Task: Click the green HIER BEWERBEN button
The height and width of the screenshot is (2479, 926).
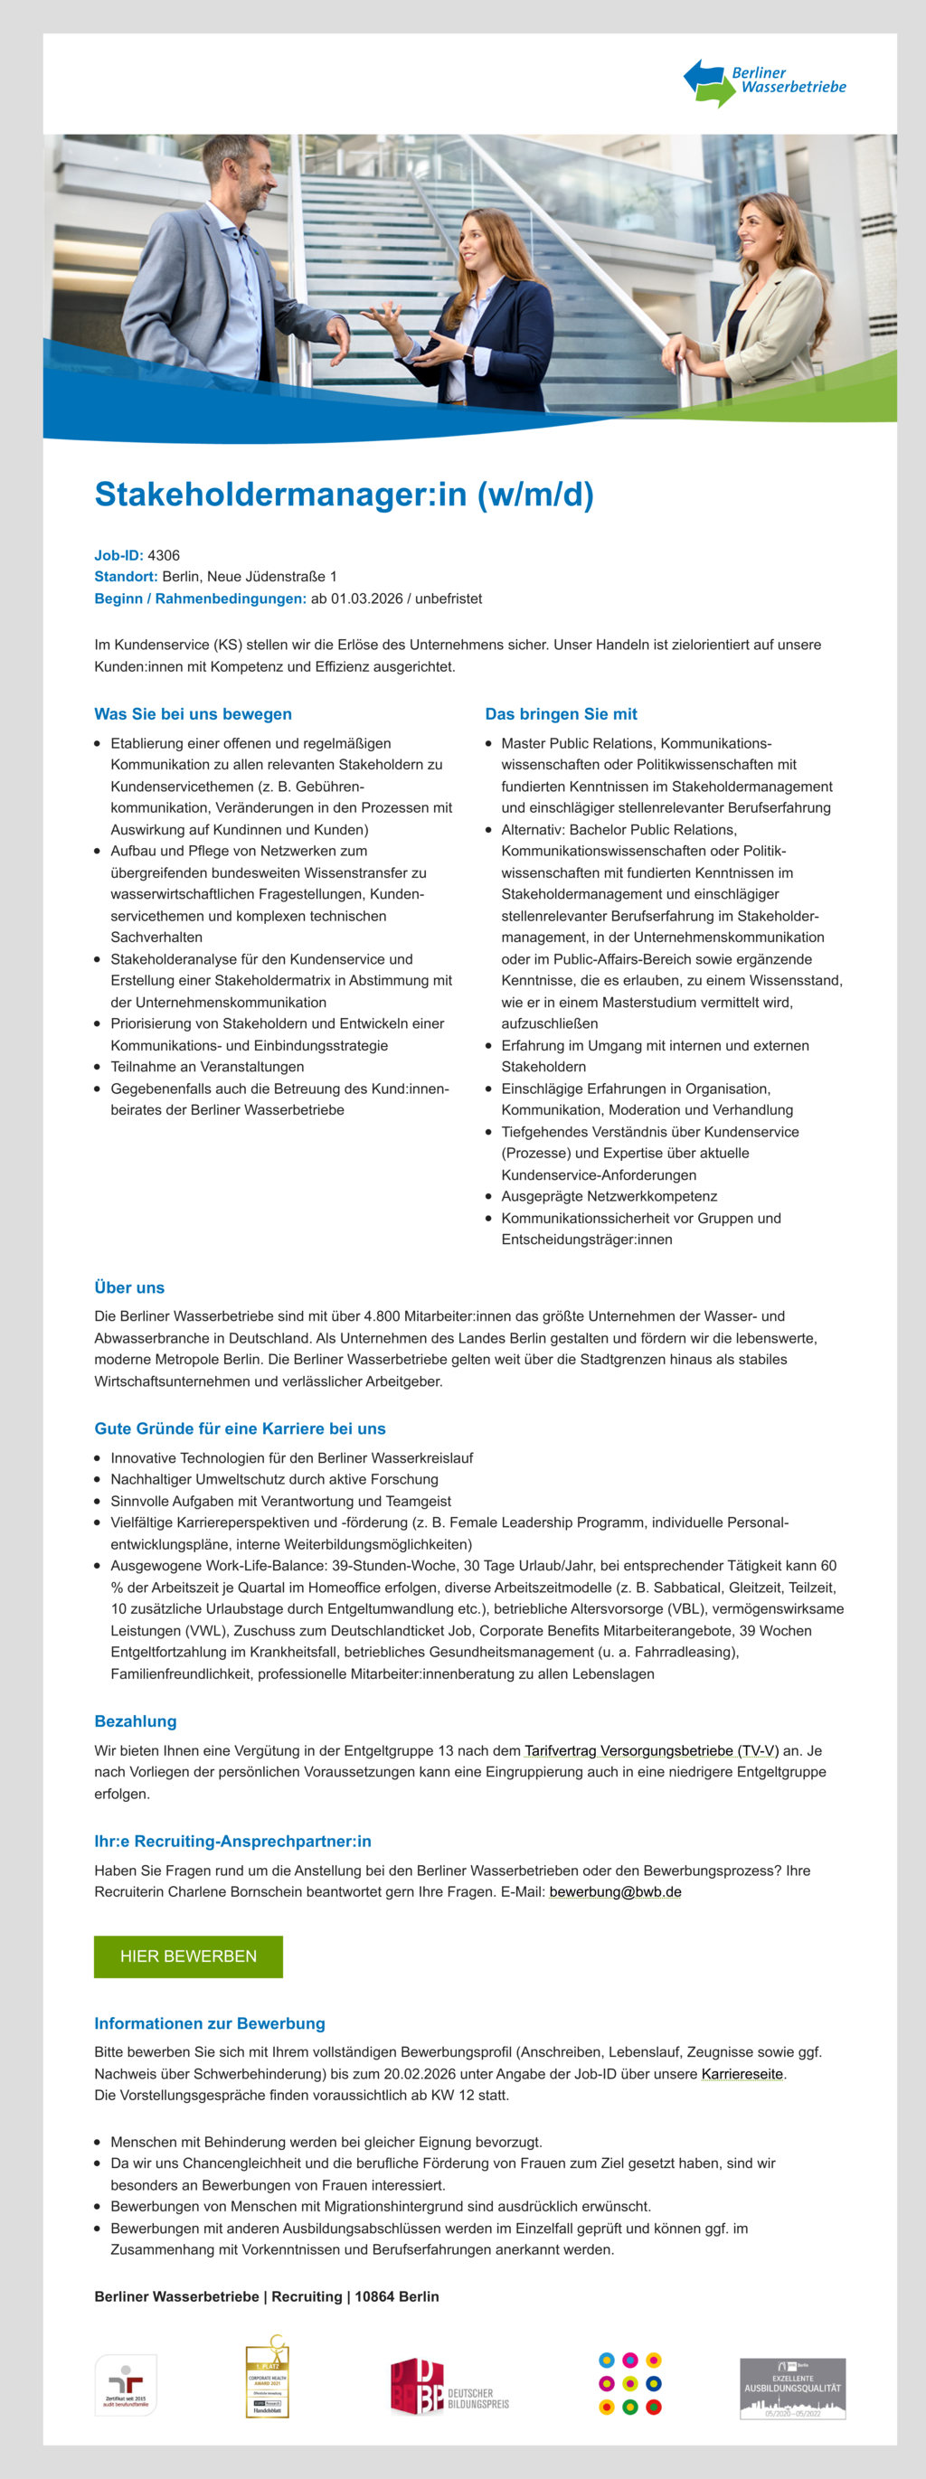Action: (189, 1956)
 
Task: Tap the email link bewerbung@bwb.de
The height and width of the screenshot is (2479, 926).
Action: (615, 1892)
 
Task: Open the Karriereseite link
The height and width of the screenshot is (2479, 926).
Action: (742, 2074)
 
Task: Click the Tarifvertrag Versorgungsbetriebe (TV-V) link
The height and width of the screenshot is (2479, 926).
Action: (651, 1750)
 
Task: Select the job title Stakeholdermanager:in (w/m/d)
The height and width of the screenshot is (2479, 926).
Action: (344, 494)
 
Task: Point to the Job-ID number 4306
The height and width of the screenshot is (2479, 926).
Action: (164, 555)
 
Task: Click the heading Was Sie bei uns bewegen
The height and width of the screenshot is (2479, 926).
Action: (193, 714)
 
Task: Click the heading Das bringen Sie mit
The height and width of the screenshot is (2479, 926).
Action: (561, 714)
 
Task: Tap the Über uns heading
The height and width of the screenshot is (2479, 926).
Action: (129, 1287)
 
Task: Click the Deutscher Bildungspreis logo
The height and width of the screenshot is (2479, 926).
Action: (449, 2387)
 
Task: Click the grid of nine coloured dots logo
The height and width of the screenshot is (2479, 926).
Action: (629, 2384)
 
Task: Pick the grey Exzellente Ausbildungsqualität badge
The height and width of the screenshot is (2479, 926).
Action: (792, 2388)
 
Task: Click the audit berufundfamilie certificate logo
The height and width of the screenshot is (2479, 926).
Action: (125, 2385)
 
